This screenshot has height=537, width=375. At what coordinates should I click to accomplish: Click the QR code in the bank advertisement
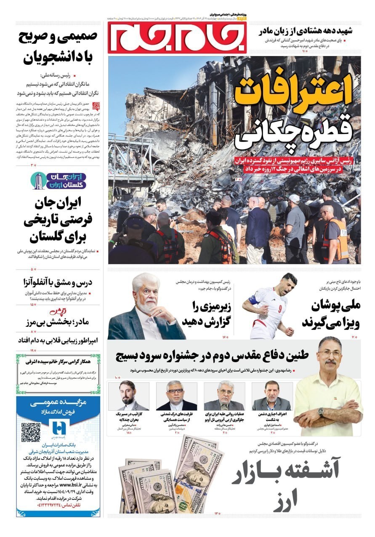pyautogui.click(x=31, y=433)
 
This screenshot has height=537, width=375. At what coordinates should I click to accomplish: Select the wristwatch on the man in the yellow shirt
pyautogui.click(x=321, y=411)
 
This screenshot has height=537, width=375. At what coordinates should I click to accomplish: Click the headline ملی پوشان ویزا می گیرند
pyautogui.click(x=335, y=314)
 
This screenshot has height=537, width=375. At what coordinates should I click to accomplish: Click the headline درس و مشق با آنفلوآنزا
pyautogui.click(x=58, y=282)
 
